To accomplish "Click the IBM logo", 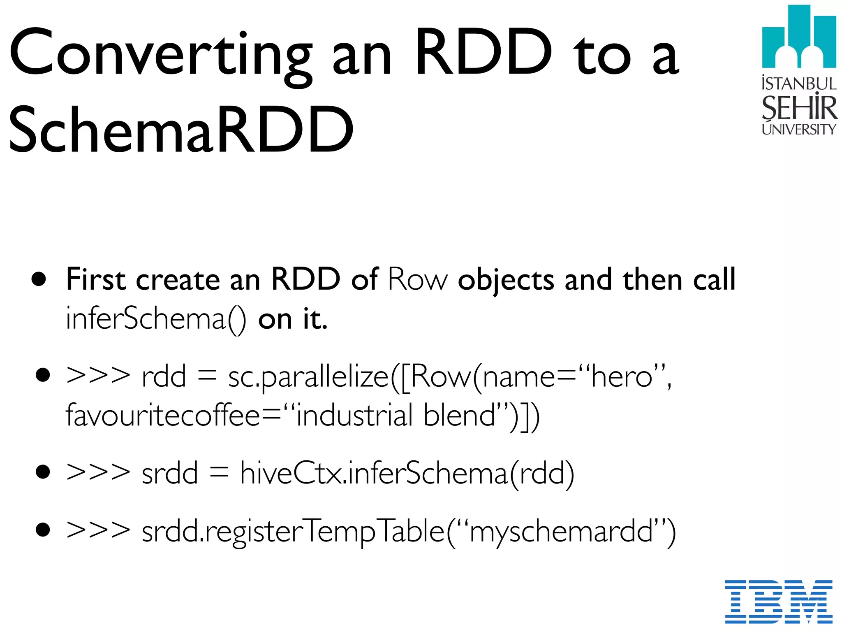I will pyautogui.click(x=779, y=601).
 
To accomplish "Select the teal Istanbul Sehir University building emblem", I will pyautogui.click(x=799, y=37).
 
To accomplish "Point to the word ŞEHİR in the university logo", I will pyautogui.click(x=799, y=108).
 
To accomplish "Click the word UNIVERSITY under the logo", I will pyautogui.click(x=799, y=129).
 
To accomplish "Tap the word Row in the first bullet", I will pyautogui.click(x=417, y=280).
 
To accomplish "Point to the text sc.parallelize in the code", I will pyautogui.click(x=308, y=376).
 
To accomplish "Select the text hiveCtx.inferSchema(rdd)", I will pyautogui.click(x=407, y=473).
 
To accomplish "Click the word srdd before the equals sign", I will pyautogui.click(x=169, y=473).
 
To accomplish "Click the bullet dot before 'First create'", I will pyautogui.click(x=39, y=279).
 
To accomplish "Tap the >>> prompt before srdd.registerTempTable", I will pyautogui.click(x=98, y=531).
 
